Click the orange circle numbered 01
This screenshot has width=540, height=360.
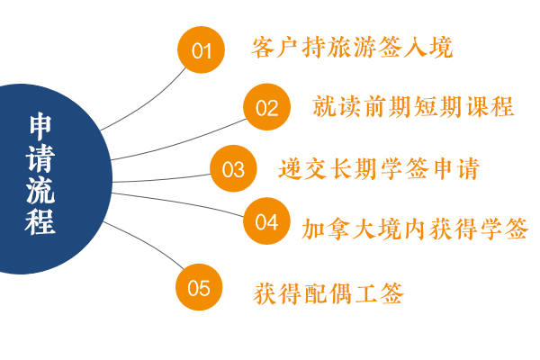coord(201,50)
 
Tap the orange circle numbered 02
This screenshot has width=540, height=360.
coord(267,107)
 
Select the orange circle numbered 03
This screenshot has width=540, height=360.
coord(233,168)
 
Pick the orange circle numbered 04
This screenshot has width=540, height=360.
coord(266,221)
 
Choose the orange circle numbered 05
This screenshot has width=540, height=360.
coord(199,287)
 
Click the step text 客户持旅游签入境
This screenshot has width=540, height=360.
coord(352,47)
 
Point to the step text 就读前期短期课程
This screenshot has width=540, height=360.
coord(413,106)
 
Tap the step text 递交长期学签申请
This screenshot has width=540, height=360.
coord(379,168)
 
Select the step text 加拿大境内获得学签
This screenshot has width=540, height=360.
coord(415,229)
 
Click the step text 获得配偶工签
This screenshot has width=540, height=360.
coord(328,293)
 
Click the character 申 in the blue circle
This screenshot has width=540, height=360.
coord(40,126)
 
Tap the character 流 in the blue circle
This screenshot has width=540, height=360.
coord(40,190)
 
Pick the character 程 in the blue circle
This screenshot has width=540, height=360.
coord(40,221)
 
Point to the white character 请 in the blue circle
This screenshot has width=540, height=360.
coord(40,158)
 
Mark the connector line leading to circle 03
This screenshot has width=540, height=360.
coord(162,179)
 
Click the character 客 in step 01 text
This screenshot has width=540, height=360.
coord(263,47)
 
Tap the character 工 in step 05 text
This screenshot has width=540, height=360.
coord(365,293)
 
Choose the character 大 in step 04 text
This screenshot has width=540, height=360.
coord(364,229)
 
